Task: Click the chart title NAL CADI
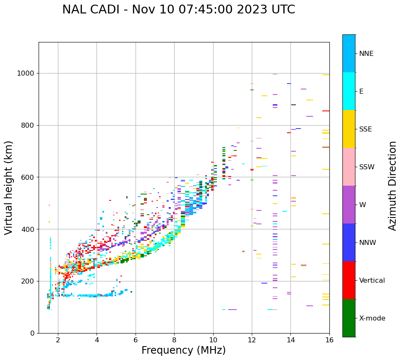(x=178, y=10)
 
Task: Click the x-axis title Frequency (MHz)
(x=183, y=350)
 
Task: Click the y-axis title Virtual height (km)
(x=9, y=187)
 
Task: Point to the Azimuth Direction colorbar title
(x=392, y=185)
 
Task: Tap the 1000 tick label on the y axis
(x=26, y=74)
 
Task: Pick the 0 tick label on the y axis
(x=32, y=333)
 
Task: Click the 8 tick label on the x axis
(x=175, y=340)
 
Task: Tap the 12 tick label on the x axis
(x=252, y=340)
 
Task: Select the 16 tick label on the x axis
(x=329, y=340)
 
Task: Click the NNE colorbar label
(x=366, y=54)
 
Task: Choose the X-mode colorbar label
(x=372, y=318)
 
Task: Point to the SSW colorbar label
(x=367, y=167)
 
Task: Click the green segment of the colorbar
(x=349, y=318)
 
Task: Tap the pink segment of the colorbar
(x=349, y=167)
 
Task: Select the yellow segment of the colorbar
(x=349, y=129)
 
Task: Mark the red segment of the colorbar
(x=349, y=280)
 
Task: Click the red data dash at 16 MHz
(x=326, y=111)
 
